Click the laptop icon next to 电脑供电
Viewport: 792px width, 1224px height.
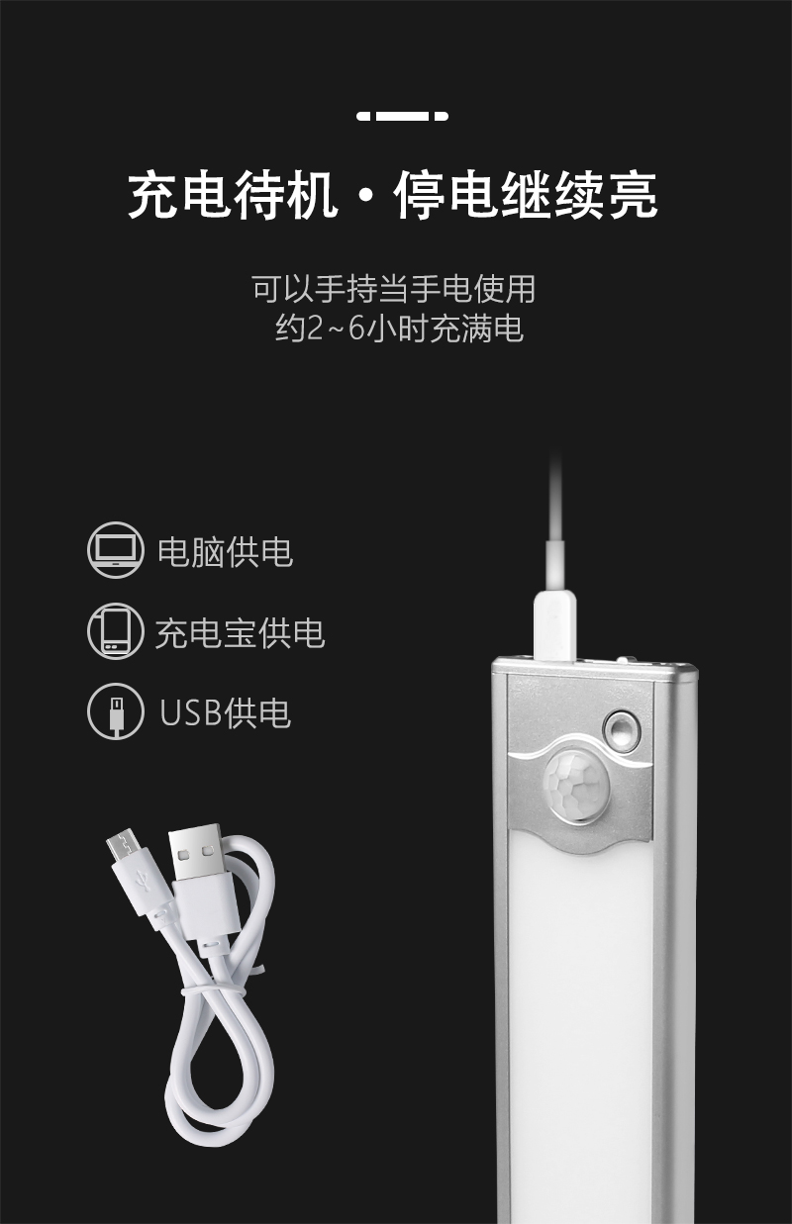[115, 550]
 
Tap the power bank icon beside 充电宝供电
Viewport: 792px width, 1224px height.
[115, 631]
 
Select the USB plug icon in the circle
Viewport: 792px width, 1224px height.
[115, 710]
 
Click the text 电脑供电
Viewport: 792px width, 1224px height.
[225, 551]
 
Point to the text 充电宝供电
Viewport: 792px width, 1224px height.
[240, 632]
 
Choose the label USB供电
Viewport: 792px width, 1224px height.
[225, 713]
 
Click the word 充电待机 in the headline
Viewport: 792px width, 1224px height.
[233, 195]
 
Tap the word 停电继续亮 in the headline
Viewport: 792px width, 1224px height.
[525, 195]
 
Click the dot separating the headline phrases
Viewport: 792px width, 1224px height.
[365, 196]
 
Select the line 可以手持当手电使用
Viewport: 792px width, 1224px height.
[394, 289]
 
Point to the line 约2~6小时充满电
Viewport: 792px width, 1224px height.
[399, 329]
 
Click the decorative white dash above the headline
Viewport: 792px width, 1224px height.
[402, 116]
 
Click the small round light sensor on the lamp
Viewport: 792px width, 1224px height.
[622, 728]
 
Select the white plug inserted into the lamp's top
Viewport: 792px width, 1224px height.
[554, 624]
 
